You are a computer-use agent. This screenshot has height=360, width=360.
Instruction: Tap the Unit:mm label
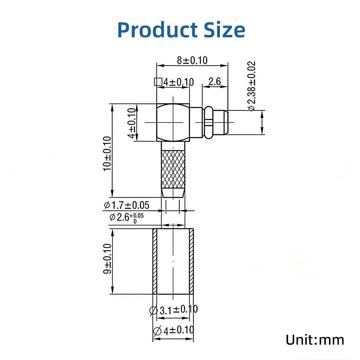[315, 339]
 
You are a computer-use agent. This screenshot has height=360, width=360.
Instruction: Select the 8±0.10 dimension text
[192, 60]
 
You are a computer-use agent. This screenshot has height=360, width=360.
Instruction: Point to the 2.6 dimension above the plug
[215, 82]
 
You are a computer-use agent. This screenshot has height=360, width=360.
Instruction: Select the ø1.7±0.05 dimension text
[126, 205]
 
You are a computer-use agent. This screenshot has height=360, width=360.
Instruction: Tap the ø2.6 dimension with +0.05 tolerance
[126, 217]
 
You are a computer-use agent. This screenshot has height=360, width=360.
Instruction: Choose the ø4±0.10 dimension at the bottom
[174, 330]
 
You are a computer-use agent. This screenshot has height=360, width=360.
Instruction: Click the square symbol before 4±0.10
[157, 82]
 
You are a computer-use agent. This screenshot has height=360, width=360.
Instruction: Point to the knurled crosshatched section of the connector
[173, 169]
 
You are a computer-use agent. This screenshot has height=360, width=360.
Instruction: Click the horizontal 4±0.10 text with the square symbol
[179, 82]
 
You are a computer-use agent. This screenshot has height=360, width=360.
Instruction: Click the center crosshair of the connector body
[173, 122]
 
